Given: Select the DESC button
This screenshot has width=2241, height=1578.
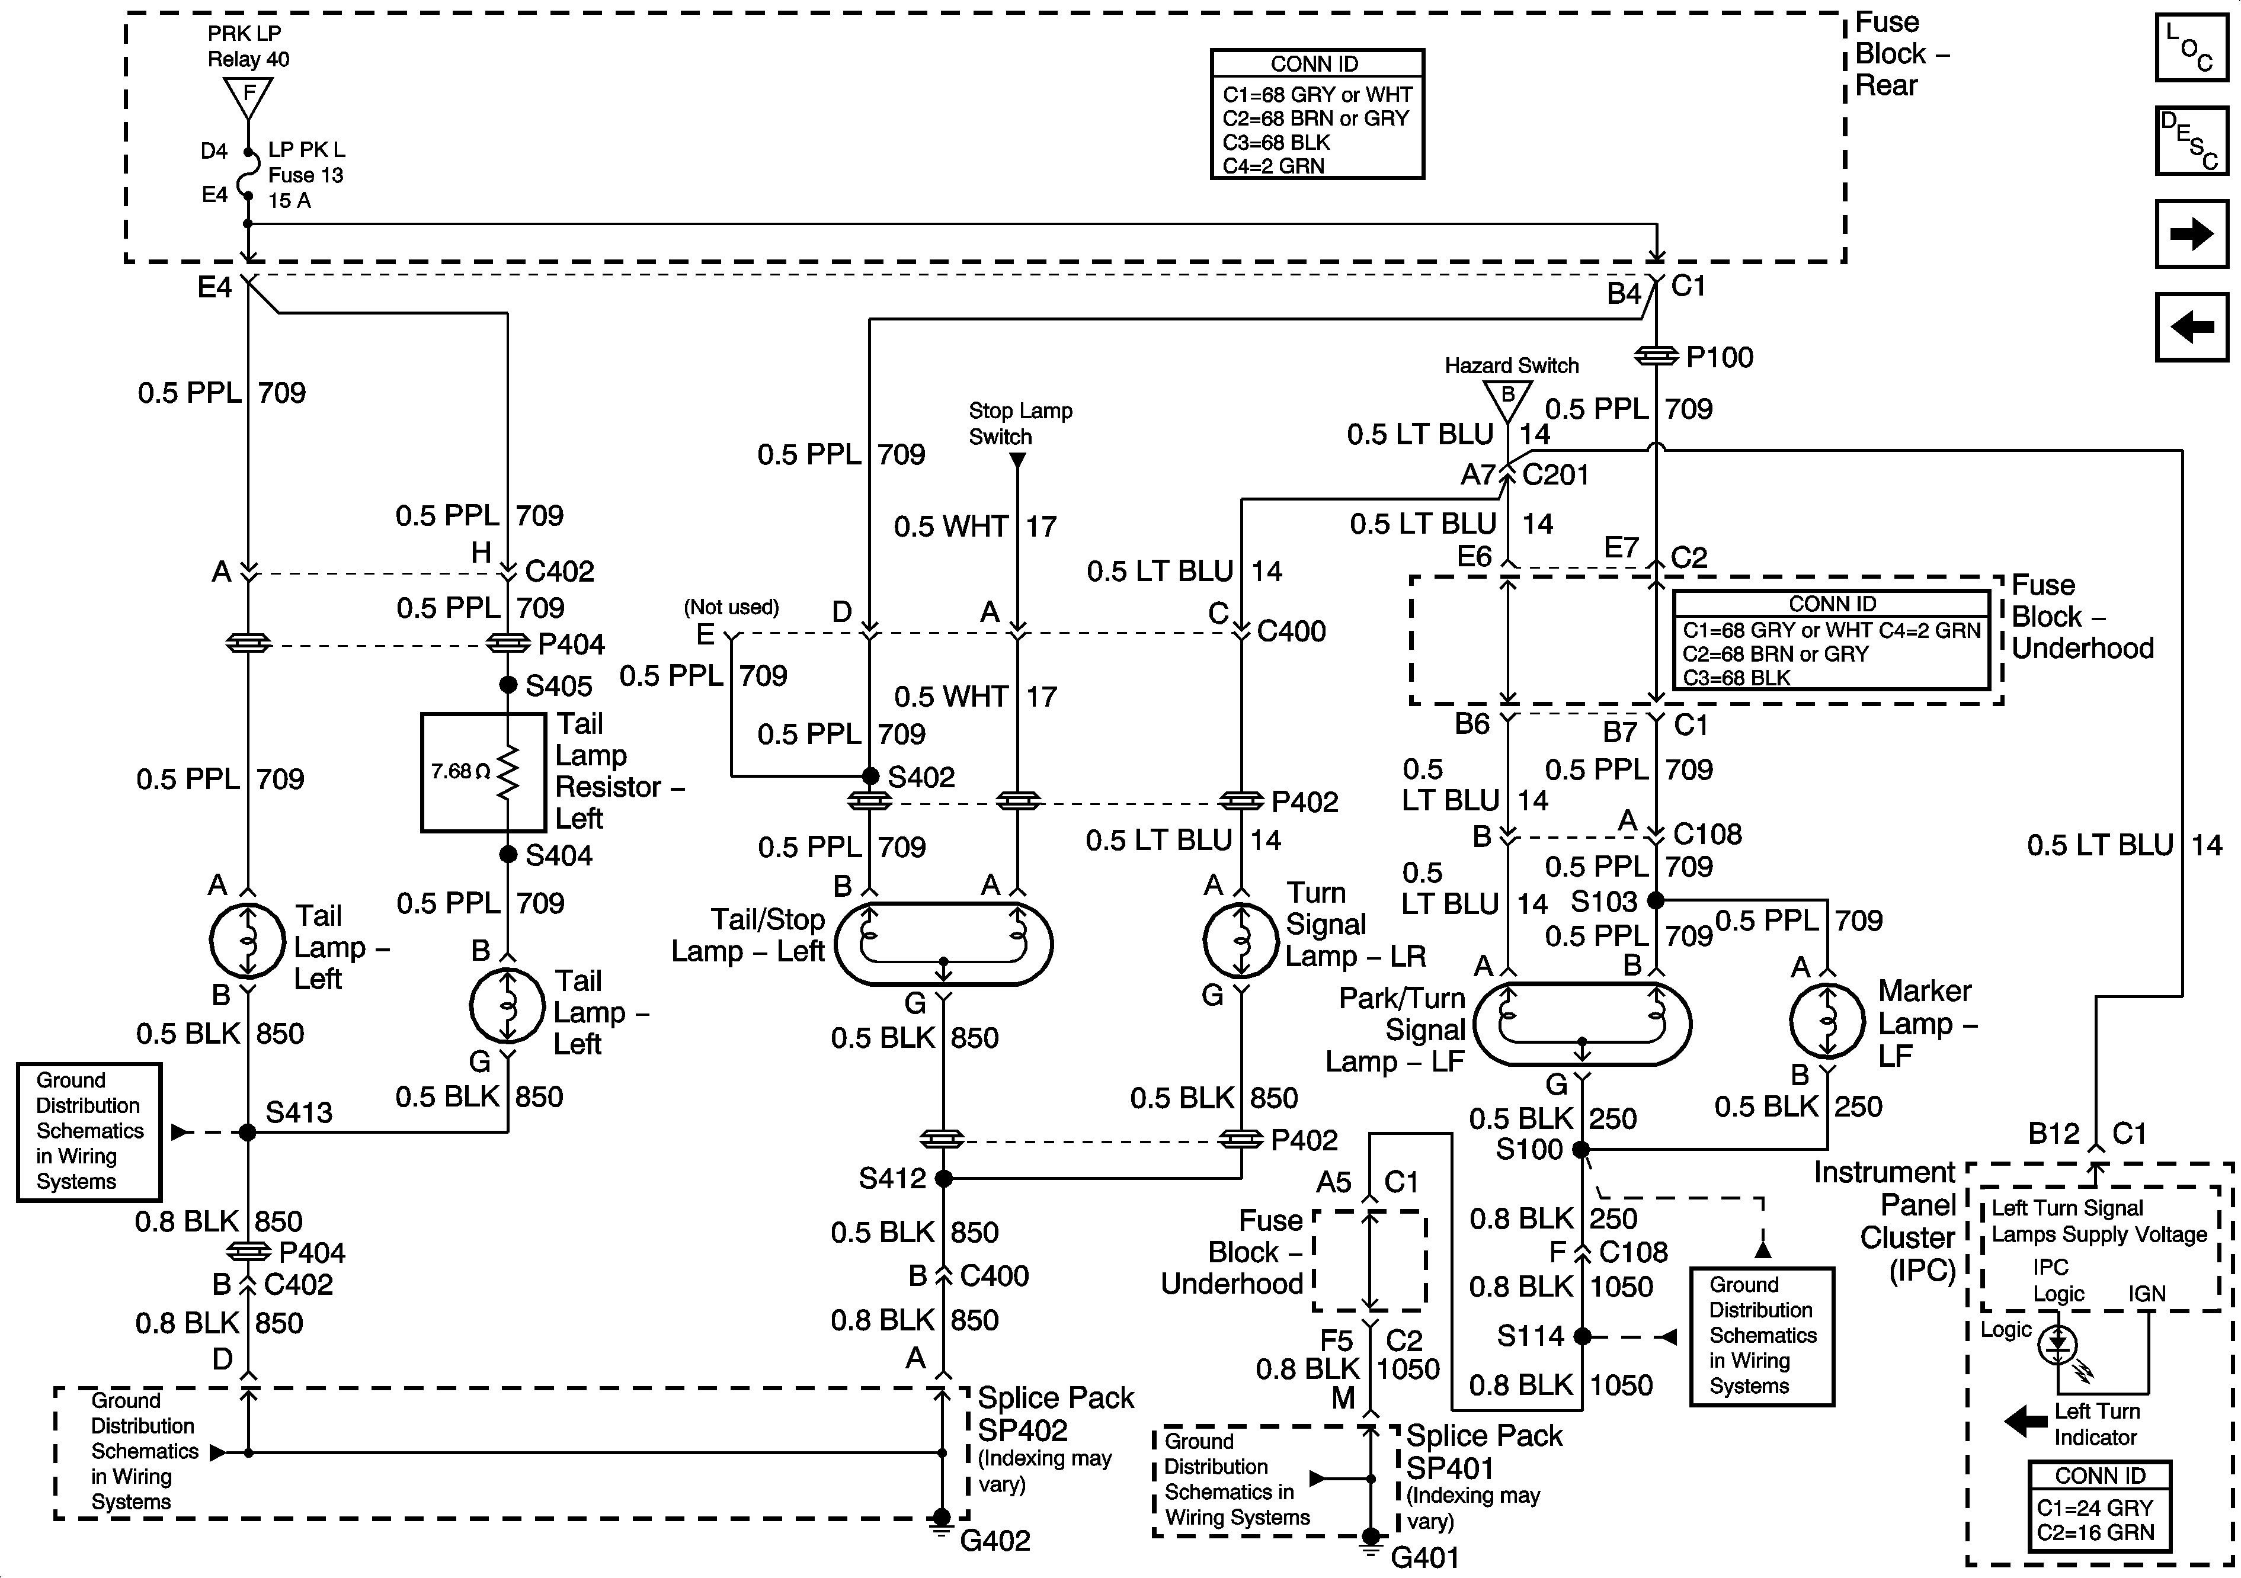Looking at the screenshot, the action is pos(2191,140).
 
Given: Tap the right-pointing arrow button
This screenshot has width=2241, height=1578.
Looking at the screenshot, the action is pos(2191,234).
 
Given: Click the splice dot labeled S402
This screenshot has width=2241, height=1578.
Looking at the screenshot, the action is pos(870,777).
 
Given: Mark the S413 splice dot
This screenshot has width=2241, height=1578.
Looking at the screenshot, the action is pos(248,1132).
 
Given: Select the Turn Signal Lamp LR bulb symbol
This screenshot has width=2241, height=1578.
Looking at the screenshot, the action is pos(1241,941).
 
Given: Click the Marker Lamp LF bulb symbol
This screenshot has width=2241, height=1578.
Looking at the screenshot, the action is pos(1827,1021).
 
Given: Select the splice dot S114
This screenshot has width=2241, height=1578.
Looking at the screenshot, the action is pos(1582,1336).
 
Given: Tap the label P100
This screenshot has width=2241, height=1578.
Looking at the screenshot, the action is pos(1720,357).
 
